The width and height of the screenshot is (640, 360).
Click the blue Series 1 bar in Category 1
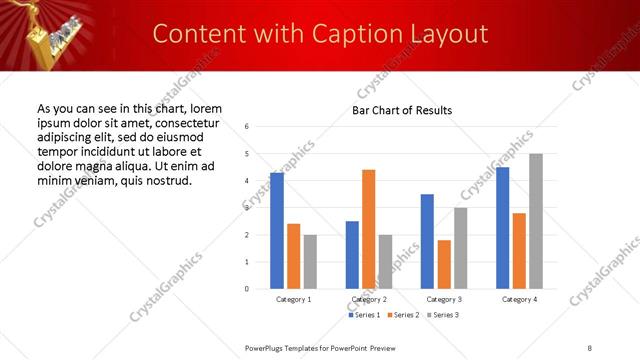pyautogui.click(x=277, y=231)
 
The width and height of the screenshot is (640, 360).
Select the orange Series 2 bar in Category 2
pyautogui.click(x=368, y=229)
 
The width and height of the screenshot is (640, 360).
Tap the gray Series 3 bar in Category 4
pyautogui.click(x=535, y=221)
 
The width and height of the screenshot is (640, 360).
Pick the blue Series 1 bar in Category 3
pyautogui.click(x=427, y=241)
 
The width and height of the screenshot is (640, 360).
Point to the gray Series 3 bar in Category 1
pyautogui.click(x=310, y=262)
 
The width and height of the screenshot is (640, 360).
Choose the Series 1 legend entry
pyautogui.click(x=363, y=315)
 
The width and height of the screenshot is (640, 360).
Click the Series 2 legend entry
pyautogui.click(x=401, y=315)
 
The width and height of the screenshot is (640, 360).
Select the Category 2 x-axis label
pyautogui.click(x=368, y=299)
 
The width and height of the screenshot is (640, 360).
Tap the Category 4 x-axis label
pyautogui.click(x=519, y=299)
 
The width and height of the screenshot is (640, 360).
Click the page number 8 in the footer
pyautogui.click(x=589, y=347)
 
